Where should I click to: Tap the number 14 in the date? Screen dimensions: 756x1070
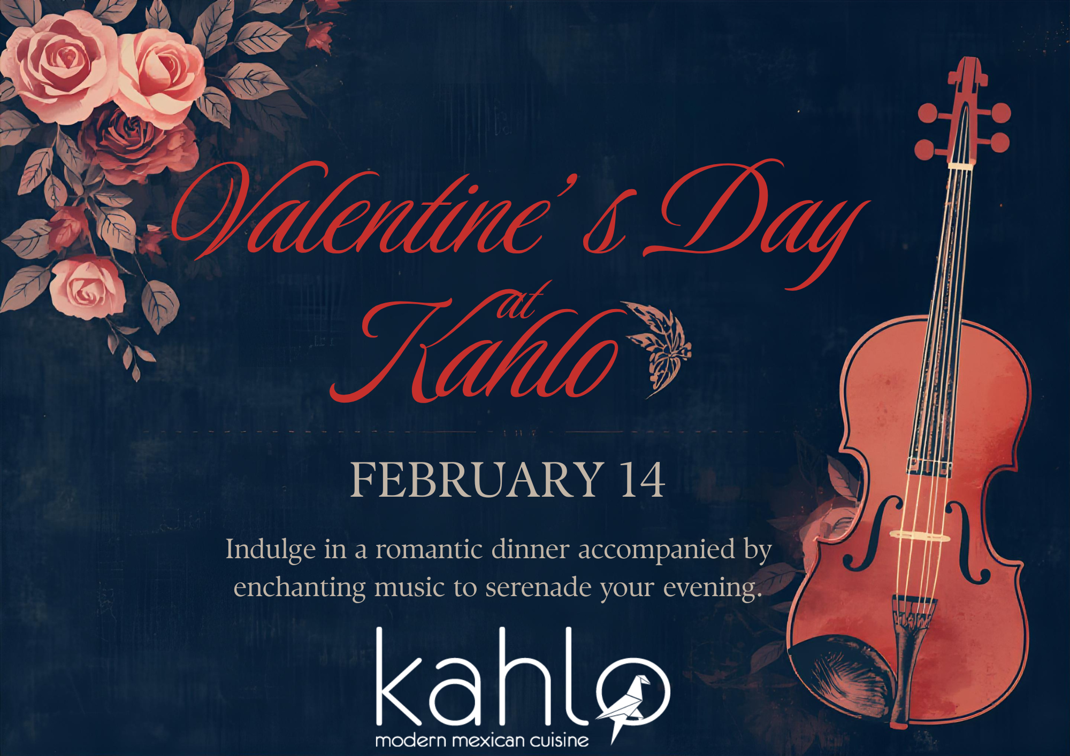(643, 480)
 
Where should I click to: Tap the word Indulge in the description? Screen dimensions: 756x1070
(270, 550)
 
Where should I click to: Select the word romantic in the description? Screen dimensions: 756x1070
(429, 550)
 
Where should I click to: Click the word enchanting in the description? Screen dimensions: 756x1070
(300, 588)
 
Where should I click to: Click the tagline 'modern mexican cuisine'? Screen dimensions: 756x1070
(481, 740)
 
